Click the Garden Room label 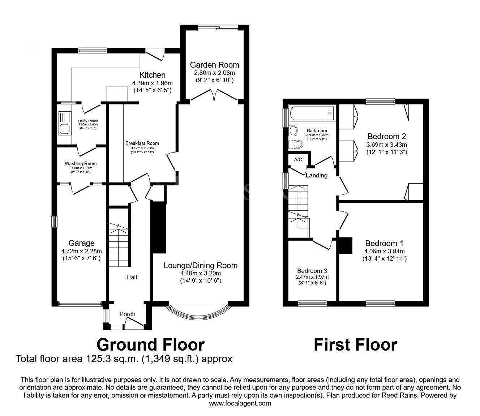(214, 65)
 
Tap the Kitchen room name (152, 75)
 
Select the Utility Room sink (65, 123)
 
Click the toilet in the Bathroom (296, 145)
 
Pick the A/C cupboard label (298, 160)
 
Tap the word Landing (317, 175)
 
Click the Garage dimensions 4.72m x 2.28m (82, 251)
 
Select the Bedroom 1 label (384, 243)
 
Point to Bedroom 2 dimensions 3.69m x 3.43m (387, 145)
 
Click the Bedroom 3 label (312, 271)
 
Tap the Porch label (127, 314)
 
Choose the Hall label (132, 277)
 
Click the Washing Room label (81, 163)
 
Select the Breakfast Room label (142, 143)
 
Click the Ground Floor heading (150, 345)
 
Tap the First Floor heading (356, 345)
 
